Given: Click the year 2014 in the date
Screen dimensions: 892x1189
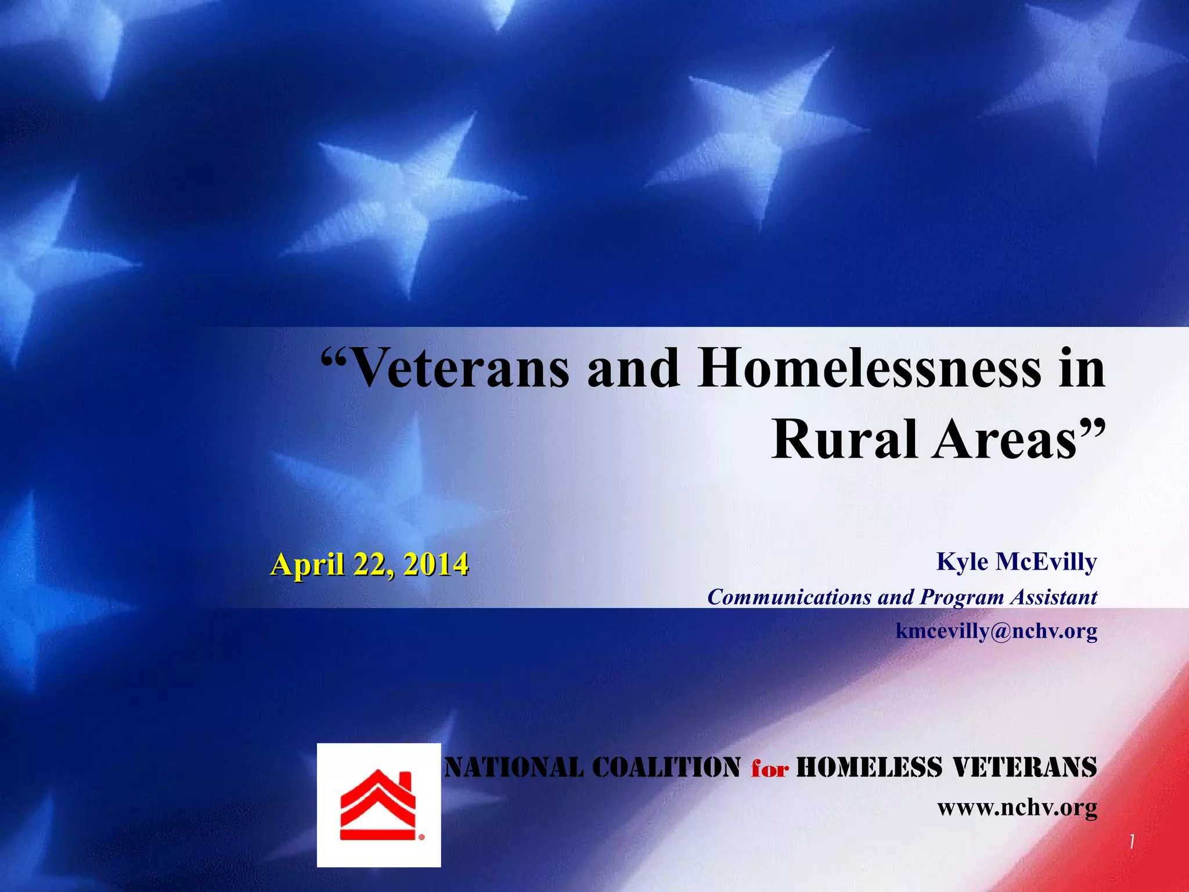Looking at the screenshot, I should click(436, 564).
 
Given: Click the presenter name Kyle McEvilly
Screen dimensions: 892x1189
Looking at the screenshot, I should click(1017, 562).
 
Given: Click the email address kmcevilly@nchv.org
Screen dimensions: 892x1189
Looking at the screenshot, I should click(996, 631).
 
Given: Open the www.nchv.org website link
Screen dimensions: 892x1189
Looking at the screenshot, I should click(1017, 807).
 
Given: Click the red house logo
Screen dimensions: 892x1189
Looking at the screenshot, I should click(378, 805).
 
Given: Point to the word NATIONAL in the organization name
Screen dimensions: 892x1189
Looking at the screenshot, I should click(513, 767).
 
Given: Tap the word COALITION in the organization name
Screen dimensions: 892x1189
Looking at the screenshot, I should click(666, 767).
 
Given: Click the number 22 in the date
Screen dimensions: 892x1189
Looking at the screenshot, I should click(373, 564).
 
